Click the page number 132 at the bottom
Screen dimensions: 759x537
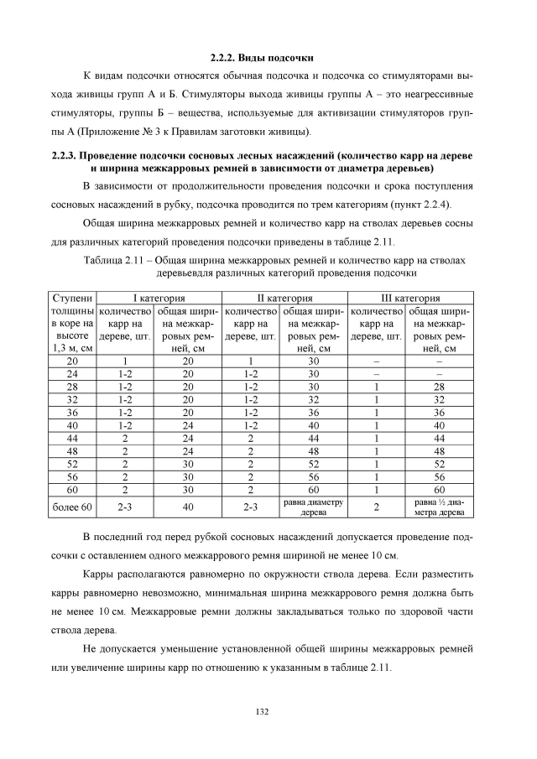click(x=261, y=711)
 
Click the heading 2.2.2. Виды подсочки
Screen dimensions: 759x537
click(x=261, y=58)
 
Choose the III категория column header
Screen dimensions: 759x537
click(x=410, y=298)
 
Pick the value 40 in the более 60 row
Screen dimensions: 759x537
click(x=188, y=507)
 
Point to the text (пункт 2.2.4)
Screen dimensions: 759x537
click(x=420, y=204)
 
